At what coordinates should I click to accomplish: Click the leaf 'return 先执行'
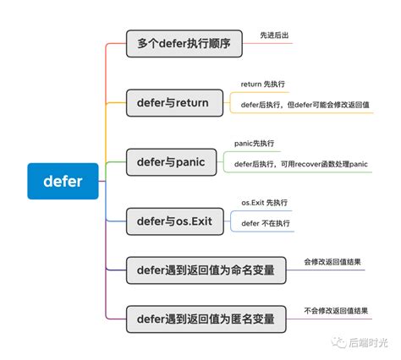263,85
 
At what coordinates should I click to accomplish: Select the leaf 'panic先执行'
255,144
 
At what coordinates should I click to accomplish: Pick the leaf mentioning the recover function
300,164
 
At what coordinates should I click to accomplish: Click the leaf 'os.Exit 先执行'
265,203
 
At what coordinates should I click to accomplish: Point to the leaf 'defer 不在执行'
266,223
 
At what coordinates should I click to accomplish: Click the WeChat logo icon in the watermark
340,342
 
